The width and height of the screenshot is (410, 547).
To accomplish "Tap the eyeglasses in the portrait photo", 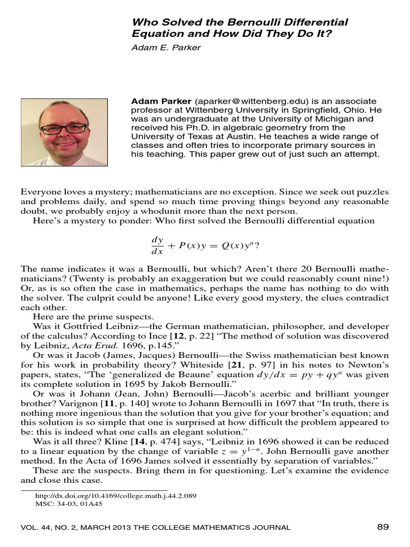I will point(64,129).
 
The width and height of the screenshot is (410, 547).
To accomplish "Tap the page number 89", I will point(383,527).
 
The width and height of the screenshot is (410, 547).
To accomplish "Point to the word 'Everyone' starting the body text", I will point(38,192).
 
